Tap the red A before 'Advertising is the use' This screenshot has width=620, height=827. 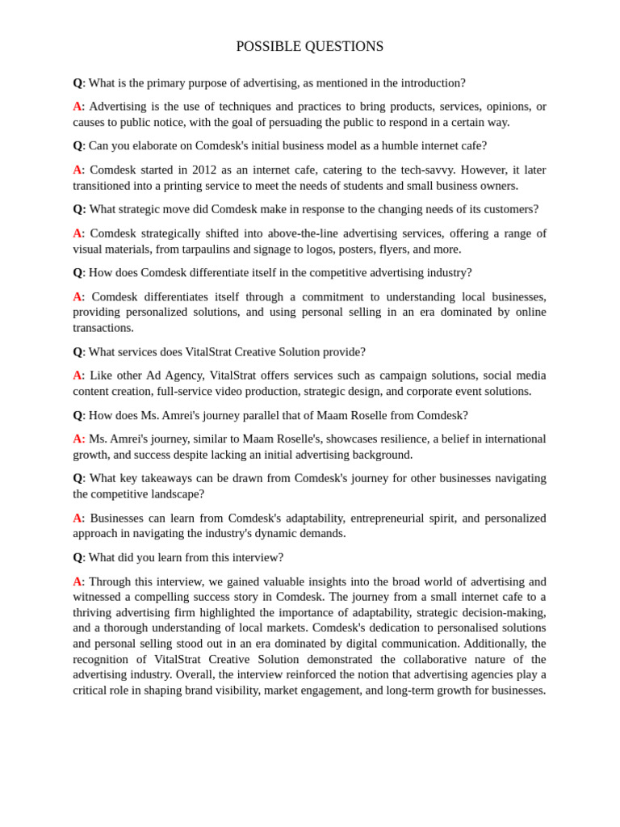[77, 107]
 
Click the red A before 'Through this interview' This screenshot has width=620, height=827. [77, 581]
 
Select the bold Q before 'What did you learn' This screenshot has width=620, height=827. [77, 557]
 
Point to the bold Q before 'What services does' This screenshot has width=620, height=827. [77, 352]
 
